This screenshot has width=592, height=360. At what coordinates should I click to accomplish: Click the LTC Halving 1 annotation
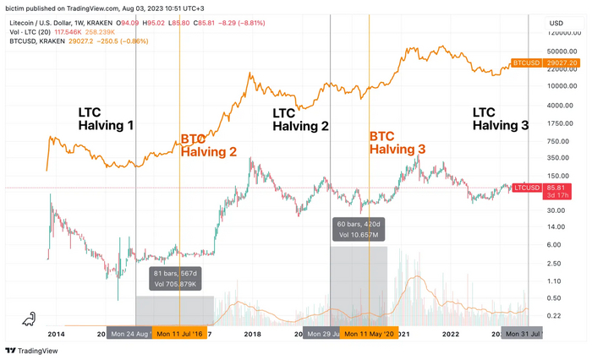click(106, 118)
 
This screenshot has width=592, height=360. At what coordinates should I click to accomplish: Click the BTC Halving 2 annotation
click(208, 145)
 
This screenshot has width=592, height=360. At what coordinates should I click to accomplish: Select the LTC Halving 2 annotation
click(300, 118)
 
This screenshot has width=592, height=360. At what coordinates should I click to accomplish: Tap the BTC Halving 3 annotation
click(397, 142)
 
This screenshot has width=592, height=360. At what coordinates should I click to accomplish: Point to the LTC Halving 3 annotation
click(500, 118)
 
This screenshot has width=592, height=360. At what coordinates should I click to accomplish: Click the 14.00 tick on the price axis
click(556, 226)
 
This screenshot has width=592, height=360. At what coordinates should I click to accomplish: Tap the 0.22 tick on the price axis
click(555, 315)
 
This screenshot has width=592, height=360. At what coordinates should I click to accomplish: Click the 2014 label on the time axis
click(57, 334)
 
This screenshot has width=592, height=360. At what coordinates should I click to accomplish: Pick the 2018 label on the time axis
click(252, 334)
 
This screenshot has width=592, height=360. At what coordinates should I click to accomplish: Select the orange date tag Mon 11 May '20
click(370, 334)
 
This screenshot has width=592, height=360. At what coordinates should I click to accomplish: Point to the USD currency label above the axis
click(556, 23)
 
